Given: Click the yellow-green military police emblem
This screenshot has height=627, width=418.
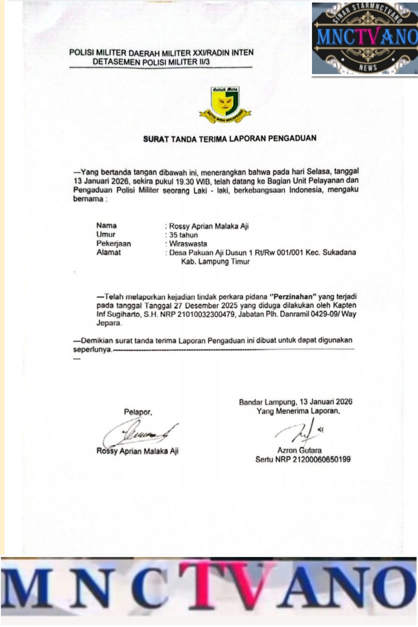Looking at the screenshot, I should (x=225, y=104).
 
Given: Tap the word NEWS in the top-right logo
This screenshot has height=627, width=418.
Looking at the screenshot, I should (x=368, y=67).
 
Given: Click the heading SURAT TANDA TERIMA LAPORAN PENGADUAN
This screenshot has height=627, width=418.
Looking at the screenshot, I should (x=229, y=139).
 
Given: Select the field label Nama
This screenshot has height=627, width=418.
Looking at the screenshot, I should (x=106, y=226).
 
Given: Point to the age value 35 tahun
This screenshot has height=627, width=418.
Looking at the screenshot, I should (x=183, y=235).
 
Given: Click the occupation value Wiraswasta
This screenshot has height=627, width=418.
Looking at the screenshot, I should (x=188, y=244).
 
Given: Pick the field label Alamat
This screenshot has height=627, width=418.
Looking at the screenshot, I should (x=108, y=252).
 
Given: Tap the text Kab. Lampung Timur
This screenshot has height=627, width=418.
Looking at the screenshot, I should (x=215, y=262).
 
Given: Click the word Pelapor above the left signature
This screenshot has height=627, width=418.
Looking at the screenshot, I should (x=138, y=412).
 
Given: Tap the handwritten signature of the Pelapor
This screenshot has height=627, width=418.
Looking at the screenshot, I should (x=139, y=434).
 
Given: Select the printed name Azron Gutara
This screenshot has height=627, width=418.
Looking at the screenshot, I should (x=299, y=450).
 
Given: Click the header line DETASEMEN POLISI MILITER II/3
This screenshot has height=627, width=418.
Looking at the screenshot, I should (x=151, y=62).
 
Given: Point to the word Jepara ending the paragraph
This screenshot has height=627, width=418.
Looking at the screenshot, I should (x=108, y=323).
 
